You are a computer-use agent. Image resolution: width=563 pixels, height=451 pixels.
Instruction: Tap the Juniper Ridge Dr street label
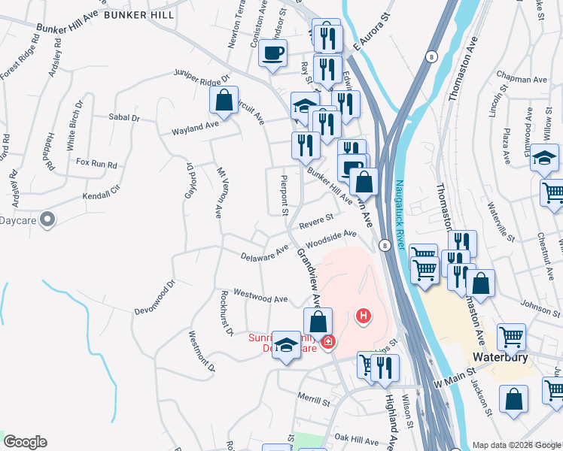[x=201, y=76]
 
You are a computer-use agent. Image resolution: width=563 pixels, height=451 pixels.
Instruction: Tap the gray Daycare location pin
[x=47, y=220]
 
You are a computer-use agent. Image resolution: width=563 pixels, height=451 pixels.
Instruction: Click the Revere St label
[x=316, y=222]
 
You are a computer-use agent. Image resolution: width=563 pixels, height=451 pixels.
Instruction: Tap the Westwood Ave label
[x=261, y=298]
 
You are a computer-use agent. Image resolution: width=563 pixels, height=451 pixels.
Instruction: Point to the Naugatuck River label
[x=401, y=219]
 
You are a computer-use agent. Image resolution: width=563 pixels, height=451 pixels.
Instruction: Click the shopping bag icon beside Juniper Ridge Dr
[x=224, y=100]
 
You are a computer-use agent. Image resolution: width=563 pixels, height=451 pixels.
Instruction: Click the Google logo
[x=25, y=442]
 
